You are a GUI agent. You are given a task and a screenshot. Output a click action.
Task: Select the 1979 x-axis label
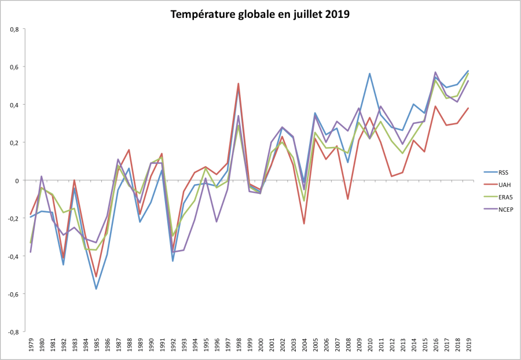click(30, 346)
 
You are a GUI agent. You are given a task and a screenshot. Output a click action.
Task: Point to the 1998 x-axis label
click(238, 346)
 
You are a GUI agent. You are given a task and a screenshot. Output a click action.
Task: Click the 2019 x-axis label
click(468, 346)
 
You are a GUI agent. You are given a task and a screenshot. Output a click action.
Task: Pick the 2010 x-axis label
click(369, 346)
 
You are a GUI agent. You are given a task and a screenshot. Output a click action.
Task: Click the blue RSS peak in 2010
click(369, 74)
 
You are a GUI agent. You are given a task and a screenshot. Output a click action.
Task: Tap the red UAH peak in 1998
click(238, 83)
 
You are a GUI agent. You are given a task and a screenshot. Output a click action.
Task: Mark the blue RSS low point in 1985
click(96, 289)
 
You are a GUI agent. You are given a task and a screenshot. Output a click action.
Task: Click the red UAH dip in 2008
click(347, 199)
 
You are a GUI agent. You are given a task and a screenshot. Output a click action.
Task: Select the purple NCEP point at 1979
click(31, 252)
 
